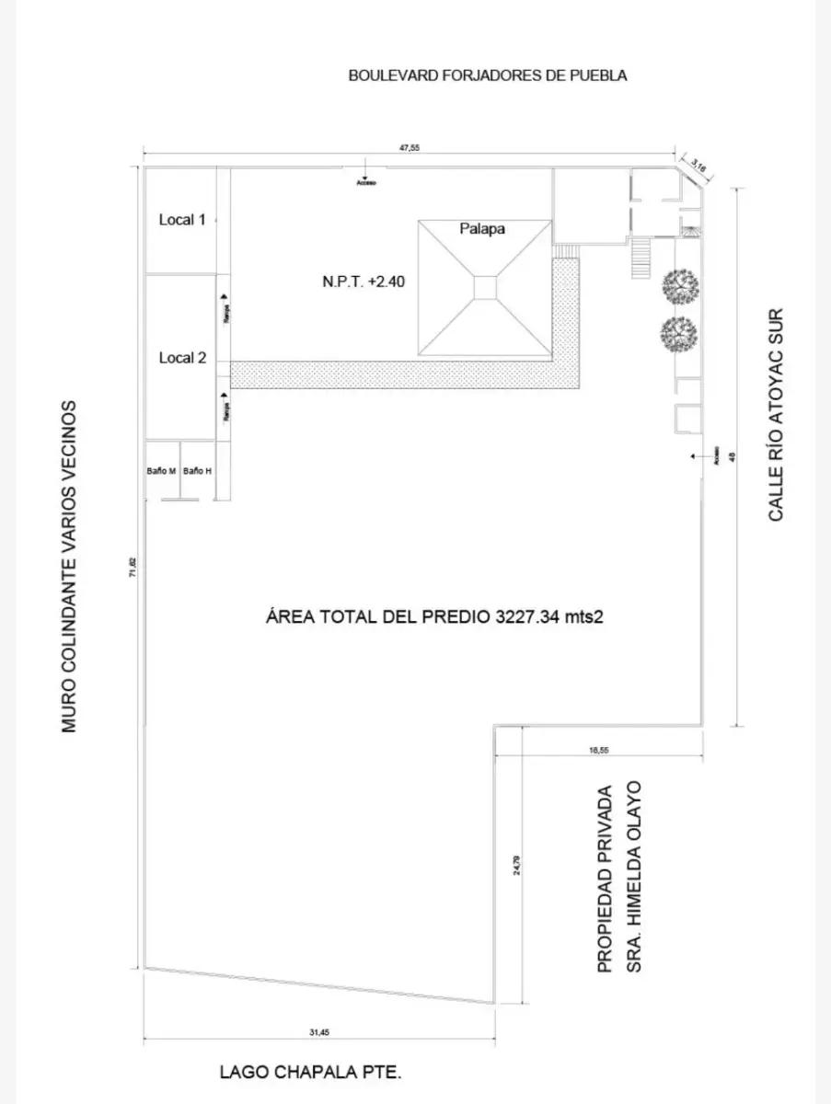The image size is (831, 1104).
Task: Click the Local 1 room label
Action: (182, 220)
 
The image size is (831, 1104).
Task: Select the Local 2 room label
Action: (182, 358)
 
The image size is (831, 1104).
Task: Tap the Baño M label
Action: (161, 471)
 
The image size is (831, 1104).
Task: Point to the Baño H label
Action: (197, 471)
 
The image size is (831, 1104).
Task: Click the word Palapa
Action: (482, 229)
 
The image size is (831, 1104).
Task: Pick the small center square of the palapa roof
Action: (486, 287)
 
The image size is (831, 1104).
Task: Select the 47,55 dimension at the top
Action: (409, 149)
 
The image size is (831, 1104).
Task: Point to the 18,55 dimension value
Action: (598, 750)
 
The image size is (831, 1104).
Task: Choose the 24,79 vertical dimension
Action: (517, 866)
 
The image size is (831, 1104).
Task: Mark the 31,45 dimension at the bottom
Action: (318, 1032)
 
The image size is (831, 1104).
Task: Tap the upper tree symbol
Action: (679, 286)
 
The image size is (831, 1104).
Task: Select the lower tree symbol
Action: (678, 332)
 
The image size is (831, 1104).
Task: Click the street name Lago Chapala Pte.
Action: (311, 1072)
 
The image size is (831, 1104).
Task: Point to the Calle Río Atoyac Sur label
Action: (777, 414)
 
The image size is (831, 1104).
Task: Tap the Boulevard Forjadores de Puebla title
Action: (488, 75)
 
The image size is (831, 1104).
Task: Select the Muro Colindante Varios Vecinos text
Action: (69, 566)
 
